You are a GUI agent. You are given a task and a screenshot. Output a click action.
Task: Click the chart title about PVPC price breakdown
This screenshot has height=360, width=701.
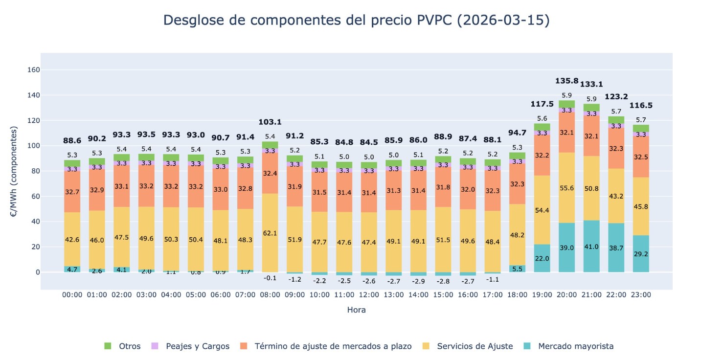[x=356, y=21]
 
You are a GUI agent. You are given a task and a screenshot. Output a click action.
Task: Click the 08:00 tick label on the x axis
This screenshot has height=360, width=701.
[x=270, y=295]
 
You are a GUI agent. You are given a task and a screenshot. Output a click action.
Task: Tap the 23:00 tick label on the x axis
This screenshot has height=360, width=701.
[x=641, y=295]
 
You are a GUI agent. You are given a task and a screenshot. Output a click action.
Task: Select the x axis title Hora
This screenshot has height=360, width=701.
[x=356, y=310]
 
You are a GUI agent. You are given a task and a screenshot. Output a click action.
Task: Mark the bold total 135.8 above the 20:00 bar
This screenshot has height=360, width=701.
[x=567, y=81]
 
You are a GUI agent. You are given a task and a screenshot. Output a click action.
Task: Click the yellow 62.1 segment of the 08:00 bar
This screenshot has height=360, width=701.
[x=270, y=233]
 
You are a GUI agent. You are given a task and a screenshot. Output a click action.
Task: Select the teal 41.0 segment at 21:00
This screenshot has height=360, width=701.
[x=591, y=247]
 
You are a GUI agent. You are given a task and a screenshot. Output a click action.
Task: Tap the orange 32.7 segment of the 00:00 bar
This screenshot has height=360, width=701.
[x=72, y=192]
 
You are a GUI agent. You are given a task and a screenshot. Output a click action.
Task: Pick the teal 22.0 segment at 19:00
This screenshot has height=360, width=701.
[x=542, y=258]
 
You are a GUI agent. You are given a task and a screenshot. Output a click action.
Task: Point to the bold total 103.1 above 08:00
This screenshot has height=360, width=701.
[x=270, y=122]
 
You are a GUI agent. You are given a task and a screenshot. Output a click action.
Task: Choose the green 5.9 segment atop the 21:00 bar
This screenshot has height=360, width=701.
[x=591, y=108]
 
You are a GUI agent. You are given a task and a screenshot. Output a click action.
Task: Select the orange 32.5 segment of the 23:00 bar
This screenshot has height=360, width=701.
[x=641, y=157]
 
